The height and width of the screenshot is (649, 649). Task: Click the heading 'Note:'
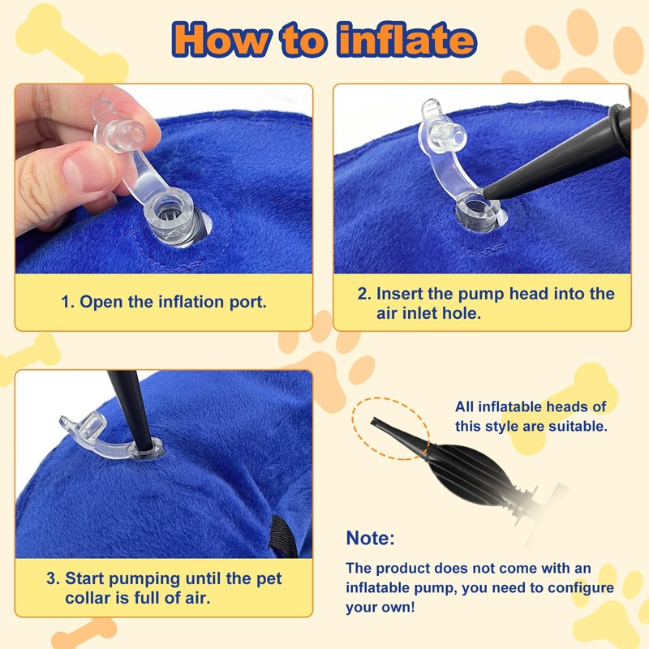pyautogui.click(x=371, y=538)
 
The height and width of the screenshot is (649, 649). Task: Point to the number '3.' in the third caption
pyautogui.click(x=53, y=579)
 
